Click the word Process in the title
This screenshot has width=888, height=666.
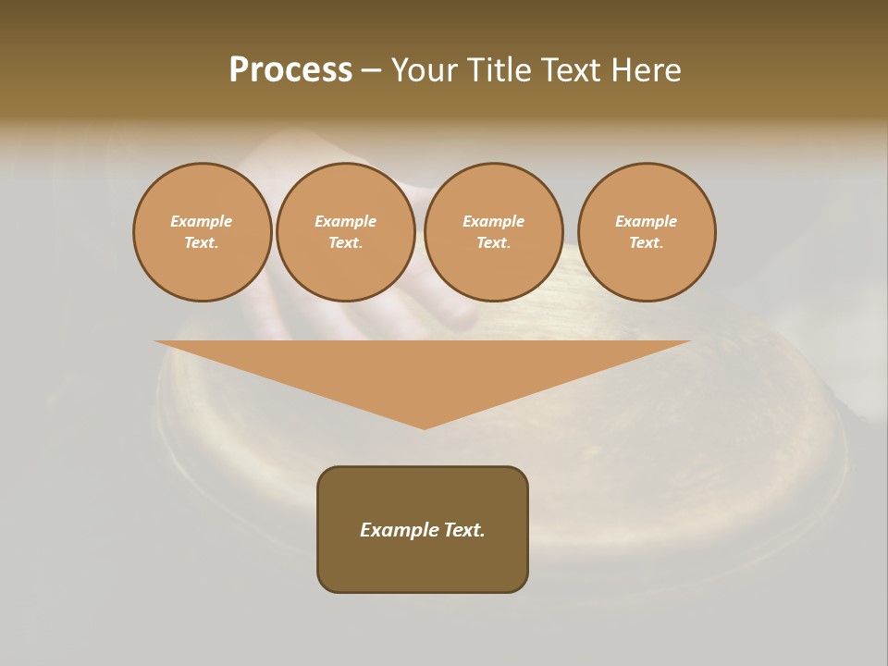pos(290,70)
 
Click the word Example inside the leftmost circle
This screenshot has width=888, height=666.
pos(202,222)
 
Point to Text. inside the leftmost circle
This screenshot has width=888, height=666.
pos(202,243)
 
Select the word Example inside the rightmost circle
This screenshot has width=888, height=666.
pos(647,222)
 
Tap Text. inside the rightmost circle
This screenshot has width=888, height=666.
pos(647,243)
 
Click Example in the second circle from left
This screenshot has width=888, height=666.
pos(346,222)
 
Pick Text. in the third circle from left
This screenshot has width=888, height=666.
pos(494,243)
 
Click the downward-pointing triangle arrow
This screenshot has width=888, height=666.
pos(423,370)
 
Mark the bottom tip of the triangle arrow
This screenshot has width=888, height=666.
pos(424,426)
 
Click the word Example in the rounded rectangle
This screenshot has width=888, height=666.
pos(398,530)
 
